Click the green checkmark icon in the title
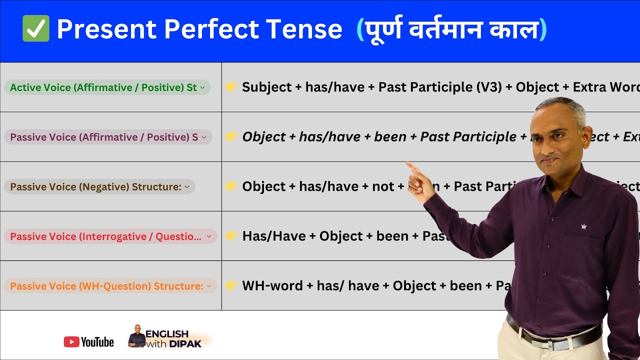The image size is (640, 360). click(36, 28)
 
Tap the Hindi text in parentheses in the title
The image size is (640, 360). click(451, 29)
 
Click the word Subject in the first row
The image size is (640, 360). click(266, 87)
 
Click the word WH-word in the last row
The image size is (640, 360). click(272, 286)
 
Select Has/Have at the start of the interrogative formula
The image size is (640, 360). click(273, 236)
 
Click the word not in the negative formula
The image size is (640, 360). click(383, 186)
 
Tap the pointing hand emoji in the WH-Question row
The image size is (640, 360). click(231, 285)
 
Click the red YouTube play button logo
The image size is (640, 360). click(71, 342)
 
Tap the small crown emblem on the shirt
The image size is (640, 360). click(583, 226)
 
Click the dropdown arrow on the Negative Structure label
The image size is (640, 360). click(187, 187)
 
